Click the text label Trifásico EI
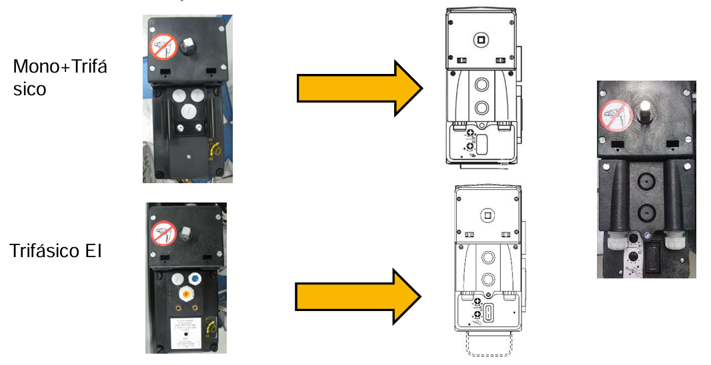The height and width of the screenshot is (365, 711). click(x=55, y=251)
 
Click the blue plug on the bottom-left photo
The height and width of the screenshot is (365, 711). click(x=195, y=278)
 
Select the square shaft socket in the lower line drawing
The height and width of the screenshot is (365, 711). click(x=488, y=216)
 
